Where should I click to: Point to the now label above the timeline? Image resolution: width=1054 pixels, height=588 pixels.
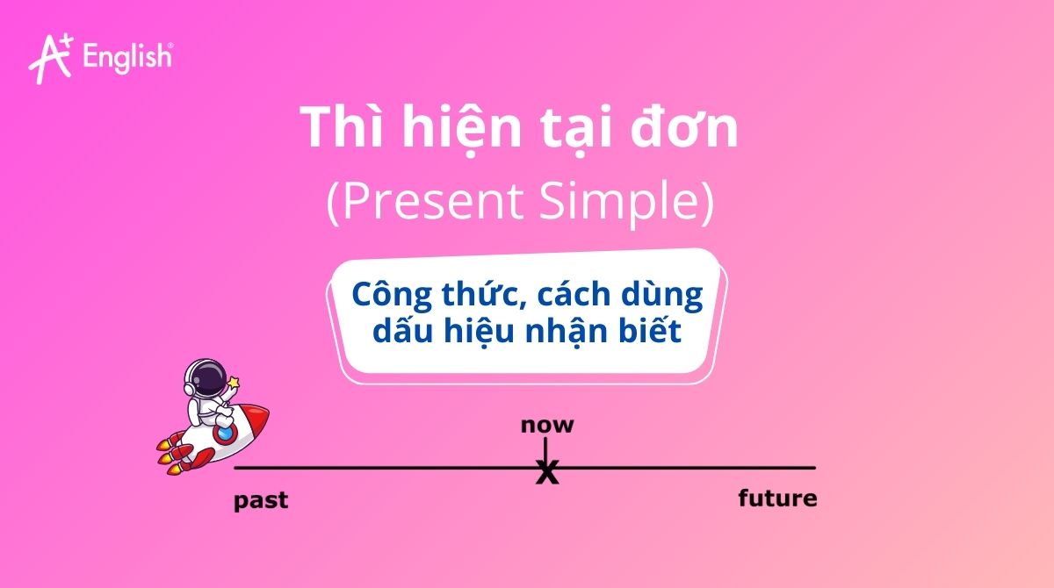coord(546,426)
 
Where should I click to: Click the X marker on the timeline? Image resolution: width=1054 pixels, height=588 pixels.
coord(546,474)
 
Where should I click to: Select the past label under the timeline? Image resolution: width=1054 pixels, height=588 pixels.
coord(260,502)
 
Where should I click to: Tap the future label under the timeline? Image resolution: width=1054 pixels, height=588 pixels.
coord(777,499)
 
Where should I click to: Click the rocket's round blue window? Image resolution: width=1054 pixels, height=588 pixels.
coord(226,432)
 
